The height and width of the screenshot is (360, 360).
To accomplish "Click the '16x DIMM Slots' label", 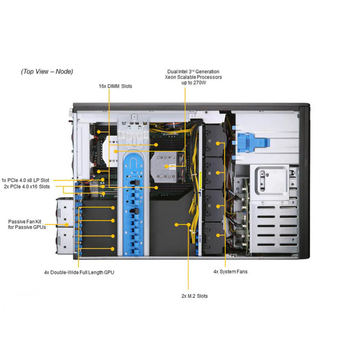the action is coord(115,86).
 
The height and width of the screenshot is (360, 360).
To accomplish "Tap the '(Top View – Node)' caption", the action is coord(47,71).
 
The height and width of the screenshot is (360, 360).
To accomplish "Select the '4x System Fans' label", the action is coord(230,271).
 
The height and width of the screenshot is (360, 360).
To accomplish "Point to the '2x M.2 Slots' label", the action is coord(194,296).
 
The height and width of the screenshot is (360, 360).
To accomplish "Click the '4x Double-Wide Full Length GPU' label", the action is coord(79,272).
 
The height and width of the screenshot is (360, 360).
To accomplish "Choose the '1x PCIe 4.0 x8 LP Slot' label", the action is coord(25,180).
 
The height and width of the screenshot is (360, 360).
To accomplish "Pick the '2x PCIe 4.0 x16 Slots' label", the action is coord(27,186).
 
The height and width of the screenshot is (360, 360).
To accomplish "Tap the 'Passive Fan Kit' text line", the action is coord(25,221).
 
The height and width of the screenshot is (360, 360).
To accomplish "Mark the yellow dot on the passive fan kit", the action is coord(67,225).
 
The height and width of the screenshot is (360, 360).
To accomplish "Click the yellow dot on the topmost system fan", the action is coord(218,144).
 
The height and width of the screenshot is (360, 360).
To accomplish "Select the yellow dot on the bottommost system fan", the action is coord(218,235).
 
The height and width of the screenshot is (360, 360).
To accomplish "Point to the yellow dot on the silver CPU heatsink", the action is coord(166,166).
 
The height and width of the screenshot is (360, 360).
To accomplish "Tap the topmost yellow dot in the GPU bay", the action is coord(113,208).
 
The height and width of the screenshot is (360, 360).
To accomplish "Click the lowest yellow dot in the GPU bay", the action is coord(112,249).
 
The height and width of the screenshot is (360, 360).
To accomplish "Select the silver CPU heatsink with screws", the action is coord(164,167).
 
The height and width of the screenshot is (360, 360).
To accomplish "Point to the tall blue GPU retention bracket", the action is coord(133,203).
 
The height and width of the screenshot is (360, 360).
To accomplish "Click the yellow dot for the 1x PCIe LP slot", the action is coord(103,180).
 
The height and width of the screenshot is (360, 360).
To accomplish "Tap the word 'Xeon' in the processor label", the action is coord(170,77).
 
